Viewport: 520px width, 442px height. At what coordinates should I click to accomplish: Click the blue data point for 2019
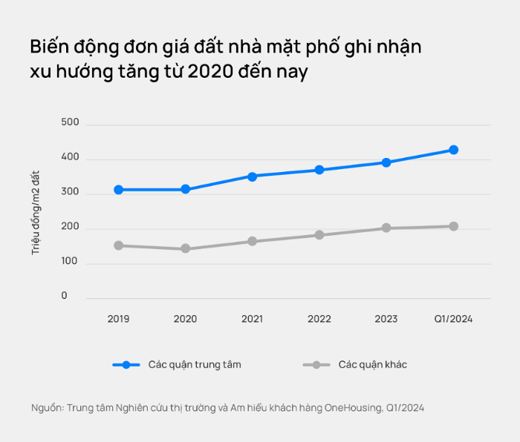pos(118,190)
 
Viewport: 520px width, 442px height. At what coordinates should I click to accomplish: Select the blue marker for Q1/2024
pos(454,150)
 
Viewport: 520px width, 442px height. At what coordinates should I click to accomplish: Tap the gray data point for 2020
pos(186,248)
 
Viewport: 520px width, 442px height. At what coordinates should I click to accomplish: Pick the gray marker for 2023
pos(386,228)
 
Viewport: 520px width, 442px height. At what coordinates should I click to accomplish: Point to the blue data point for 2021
pos(253,177)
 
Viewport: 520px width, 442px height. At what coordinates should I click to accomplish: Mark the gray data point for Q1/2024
pos(454,226)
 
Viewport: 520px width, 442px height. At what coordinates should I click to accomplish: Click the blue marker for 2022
pos(319,170)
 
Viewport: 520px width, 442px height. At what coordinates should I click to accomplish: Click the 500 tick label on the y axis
pos(70,122)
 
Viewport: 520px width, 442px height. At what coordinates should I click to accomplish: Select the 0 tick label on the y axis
pos(65,295)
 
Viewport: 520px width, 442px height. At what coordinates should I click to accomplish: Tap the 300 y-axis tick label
pos(70,191)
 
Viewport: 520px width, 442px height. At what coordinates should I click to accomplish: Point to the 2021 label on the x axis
pos(253,319)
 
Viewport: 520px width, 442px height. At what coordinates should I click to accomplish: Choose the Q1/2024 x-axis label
pos(453,319)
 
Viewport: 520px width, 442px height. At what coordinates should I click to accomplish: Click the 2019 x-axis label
pos(118,319)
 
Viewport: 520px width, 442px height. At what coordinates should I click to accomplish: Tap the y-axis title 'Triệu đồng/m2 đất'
pos(36,213)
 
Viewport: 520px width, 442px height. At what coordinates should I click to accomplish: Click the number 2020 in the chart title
pos(210,71)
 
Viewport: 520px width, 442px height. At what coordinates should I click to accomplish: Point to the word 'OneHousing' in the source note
pos(354,408)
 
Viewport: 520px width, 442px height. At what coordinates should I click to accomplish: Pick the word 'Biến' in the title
pos(49,47)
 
